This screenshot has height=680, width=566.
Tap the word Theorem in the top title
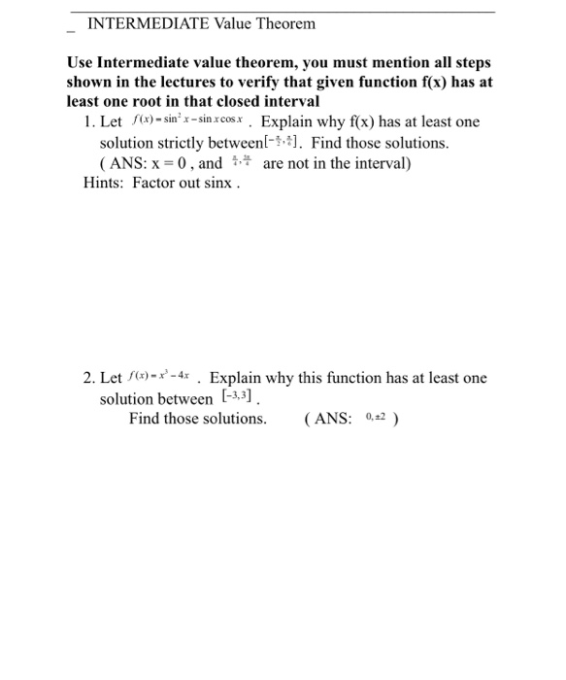[283, 23]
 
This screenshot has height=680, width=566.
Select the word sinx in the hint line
[219, 184]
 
